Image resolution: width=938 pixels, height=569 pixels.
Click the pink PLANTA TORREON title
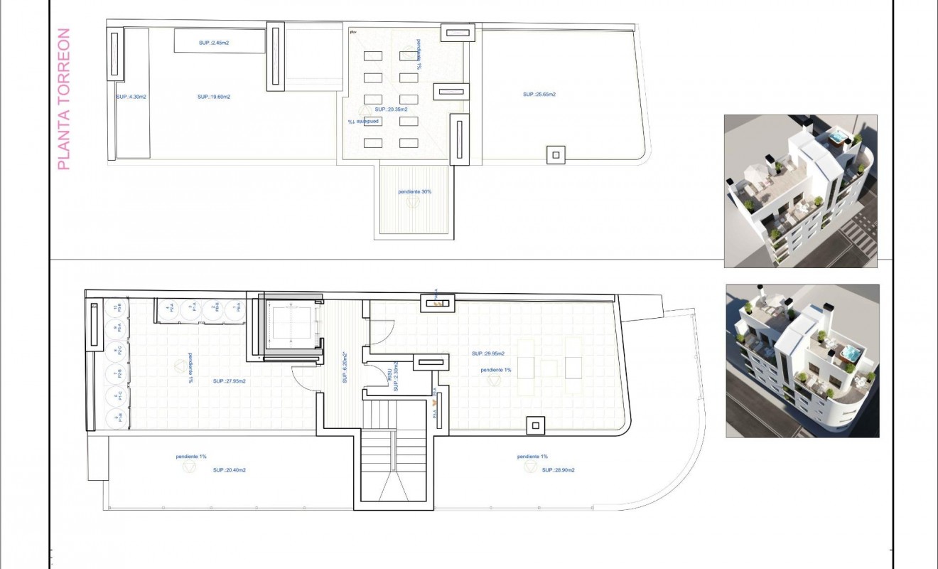click(63, 99)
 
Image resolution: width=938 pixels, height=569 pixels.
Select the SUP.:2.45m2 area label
click(214, 43)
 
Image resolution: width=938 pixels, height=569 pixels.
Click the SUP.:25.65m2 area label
click(539, 94)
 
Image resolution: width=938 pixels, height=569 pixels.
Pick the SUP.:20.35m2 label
click(392, 110)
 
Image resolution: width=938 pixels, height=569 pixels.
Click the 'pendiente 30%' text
click(414, 191)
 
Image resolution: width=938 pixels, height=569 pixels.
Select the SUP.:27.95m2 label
click(229, 381)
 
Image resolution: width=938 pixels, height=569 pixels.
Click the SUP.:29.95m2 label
click(488, 353)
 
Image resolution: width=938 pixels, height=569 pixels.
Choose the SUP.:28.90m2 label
click(558, 470)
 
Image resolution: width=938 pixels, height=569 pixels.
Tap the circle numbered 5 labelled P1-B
click(114, 419)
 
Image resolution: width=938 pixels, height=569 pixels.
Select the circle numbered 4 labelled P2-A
click(168, 309)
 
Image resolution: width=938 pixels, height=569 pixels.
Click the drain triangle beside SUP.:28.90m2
click(529, 467)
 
